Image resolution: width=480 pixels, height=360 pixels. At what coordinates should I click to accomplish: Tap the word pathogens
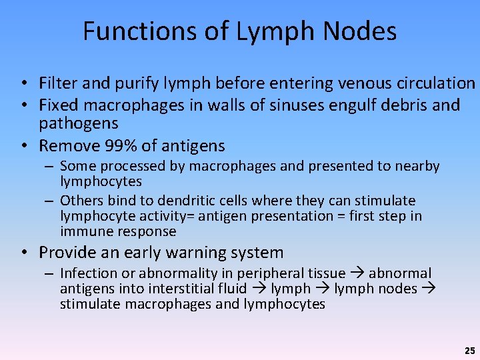coord(79,123)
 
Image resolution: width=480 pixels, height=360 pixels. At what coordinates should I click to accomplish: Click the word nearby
coord(419,166)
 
